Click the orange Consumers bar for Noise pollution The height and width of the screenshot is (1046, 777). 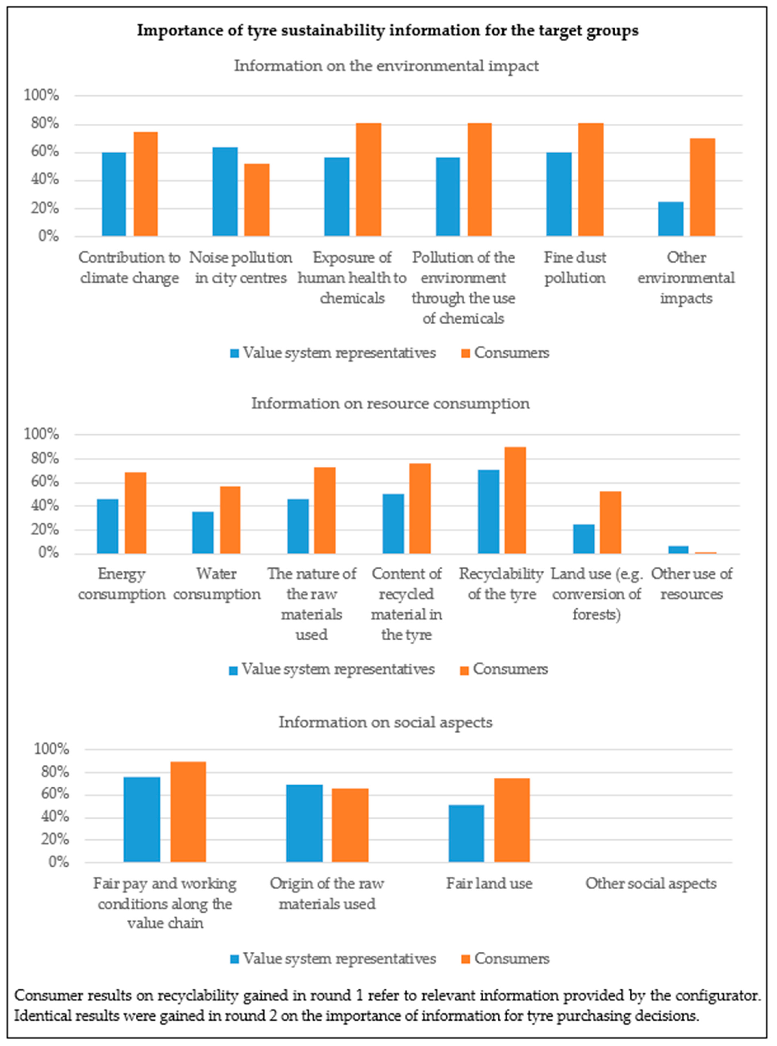click(257, 200)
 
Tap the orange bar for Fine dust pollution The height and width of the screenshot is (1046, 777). click(591, 180)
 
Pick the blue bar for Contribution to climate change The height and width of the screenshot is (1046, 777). click(114, 194)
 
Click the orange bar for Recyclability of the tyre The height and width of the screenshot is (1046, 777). click(515, 500)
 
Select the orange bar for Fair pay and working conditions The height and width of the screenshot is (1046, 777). click(188, 812)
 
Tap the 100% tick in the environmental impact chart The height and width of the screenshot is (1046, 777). click(41, 95)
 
